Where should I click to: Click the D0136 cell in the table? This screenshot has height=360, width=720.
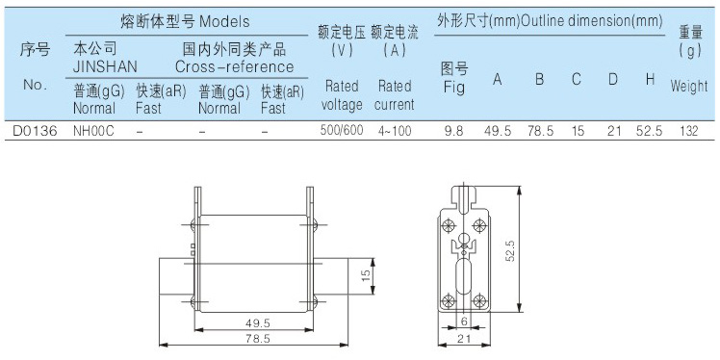(x=35, y=131)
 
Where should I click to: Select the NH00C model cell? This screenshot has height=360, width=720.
(x=93, y=131)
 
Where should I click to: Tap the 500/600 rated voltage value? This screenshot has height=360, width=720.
(x=342, y=130)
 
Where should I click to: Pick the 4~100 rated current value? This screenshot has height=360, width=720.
(x=394, y=131)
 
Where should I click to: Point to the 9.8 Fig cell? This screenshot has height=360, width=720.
(x=453, y=131)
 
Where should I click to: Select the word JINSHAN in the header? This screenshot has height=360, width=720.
(x=105, y=67)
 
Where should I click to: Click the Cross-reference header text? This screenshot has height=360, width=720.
(x=234, y=67)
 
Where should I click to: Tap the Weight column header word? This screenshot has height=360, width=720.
(x=689, y=86)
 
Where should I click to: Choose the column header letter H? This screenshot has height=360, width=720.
(x=650, y=80)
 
